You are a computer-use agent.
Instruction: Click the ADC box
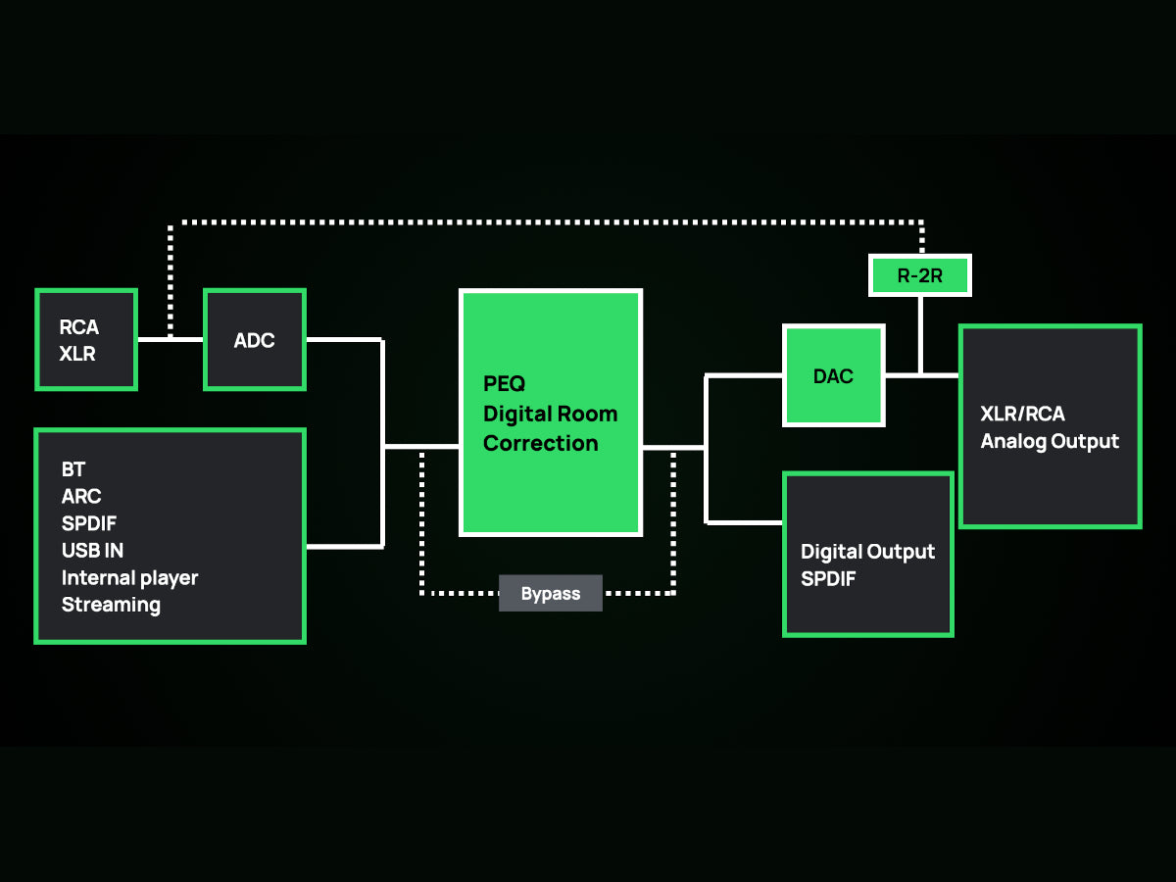pyautogui.click(x=255, y=340)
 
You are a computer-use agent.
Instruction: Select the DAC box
pyautogui.click(x=833, y=376)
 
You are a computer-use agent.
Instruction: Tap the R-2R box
pyautogui.click(x=919, y=275)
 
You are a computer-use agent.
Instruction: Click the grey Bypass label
pyautogui.click(x=551, y=594)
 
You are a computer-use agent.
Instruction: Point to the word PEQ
pyautogui.click(x=505, y=383)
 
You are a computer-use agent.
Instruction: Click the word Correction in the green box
pyautogui.click(x=540, y=443)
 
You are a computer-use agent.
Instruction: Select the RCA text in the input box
pyautogui.click(x=79, y=327)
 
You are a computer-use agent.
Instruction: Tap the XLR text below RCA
pyautogui.click(x=77, y=354)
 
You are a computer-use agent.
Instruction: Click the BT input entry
pyautogui.click(x=73, y=470)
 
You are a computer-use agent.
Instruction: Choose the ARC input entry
pyautogui.click(x=81, y=497)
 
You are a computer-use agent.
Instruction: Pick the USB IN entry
pyautogui.click(x=92, y=550)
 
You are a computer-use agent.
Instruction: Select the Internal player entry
pyautogui.click(x=129, y=577)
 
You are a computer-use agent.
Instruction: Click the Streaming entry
pyautogui.click(x=111, y=605)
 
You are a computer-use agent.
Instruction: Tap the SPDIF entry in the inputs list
pyautogui.click(x=89, y=523)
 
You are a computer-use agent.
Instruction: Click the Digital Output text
pyautogui.click(x=867, y=552)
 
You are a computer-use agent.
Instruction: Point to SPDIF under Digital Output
pyautogui.click(x=828, y=578)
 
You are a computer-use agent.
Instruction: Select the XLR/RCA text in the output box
pyautogui.click(x=1022, y=414)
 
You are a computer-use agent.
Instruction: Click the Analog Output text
pyautogui.click(x=1050, y=441)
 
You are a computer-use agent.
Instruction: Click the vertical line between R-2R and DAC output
pyautogui.click(x=920, y=333)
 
